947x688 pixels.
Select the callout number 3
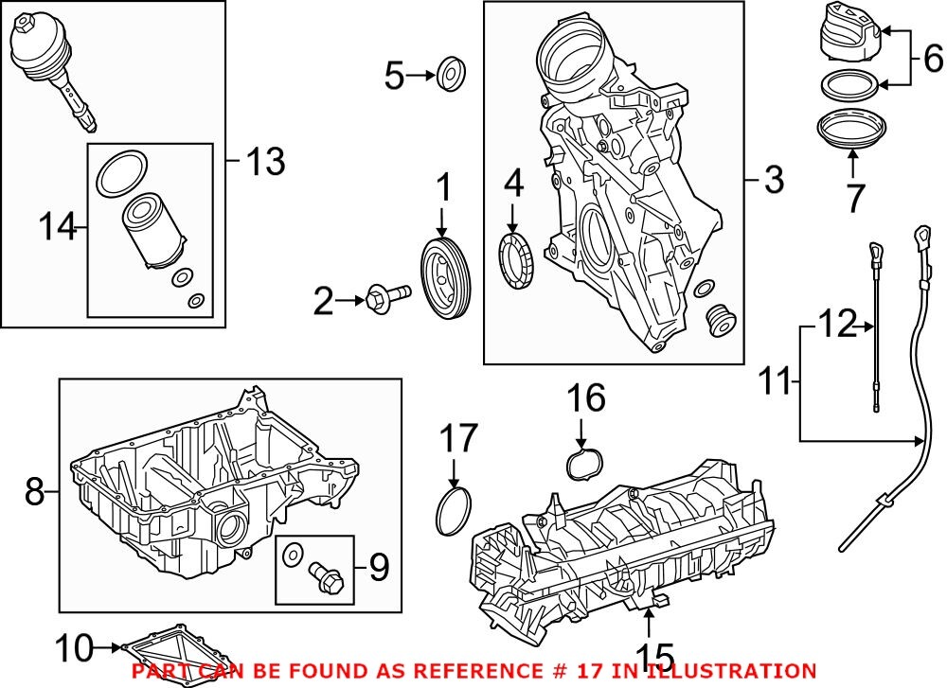pos(774,179)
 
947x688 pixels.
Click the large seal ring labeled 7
pos(850,132)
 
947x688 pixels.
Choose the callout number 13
pos(264,162)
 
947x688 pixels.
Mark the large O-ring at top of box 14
pos(118,171)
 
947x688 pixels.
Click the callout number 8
pos(34,491)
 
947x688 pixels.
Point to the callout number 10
pos(76,648)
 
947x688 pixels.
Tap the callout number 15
pos(654,656)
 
